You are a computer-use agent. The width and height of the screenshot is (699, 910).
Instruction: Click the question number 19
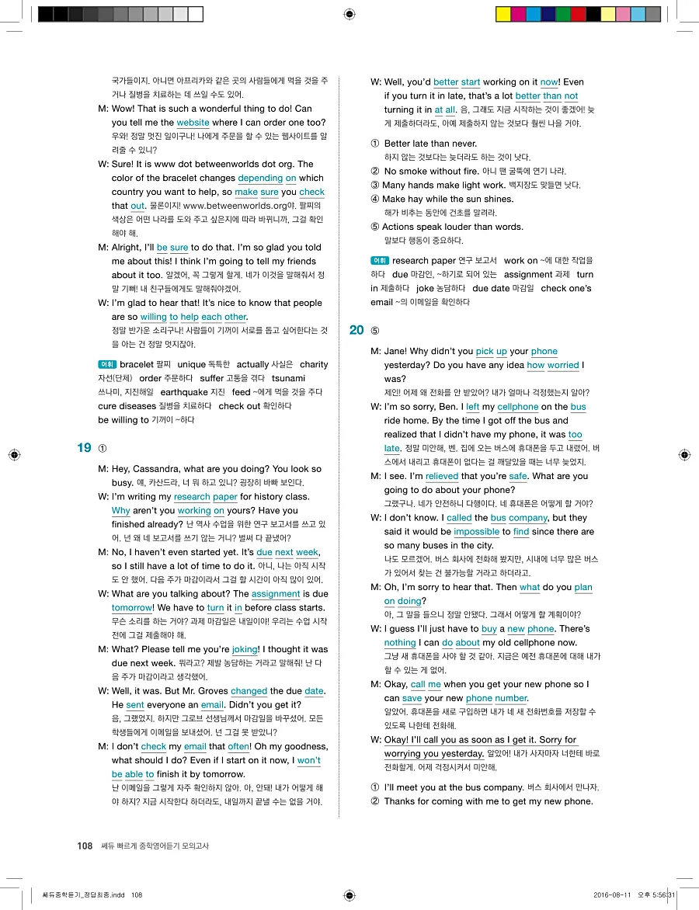84,447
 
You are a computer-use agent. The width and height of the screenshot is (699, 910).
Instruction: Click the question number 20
356,330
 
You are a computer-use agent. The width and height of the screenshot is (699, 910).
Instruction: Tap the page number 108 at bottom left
85,846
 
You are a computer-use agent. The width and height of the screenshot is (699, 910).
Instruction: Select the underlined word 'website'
193,123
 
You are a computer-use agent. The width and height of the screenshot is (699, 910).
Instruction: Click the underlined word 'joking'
245,649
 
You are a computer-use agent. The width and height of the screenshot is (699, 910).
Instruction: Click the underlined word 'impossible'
476,532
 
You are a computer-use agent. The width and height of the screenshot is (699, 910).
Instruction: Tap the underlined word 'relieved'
442,476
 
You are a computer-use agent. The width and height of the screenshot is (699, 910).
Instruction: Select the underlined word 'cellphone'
518,407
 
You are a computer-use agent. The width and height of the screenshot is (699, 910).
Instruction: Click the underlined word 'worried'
563,365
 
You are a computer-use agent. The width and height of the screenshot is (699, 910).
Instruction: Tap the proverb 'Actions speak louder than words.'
453,227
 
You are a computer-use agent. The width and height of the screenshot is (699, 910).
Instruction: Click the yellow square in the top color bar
503,14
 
